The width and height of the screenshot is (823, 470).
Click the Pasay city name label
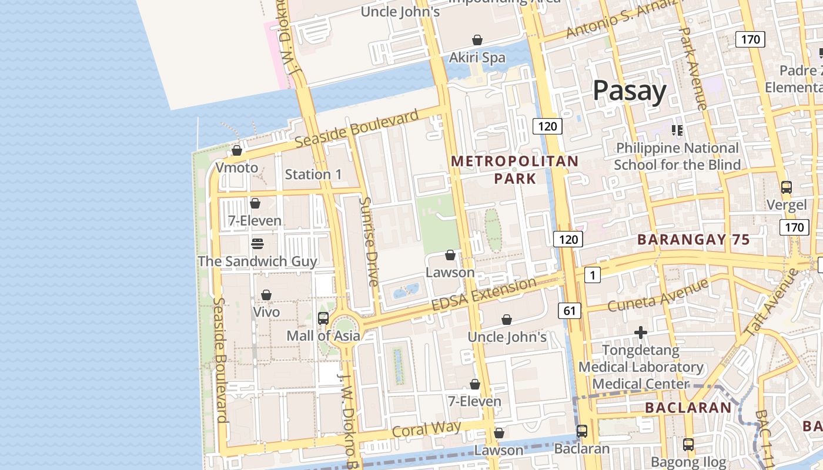pos(629,91)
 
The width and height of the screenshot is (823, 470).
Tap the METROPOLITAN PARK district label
pos(514,169)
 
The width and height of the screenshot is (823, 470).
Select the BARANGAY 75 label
pos(694,240)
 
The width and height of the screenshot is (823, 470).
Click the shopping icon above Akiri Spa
pos(477,40)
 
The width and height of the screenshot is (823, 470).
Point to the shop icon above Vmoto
pos(237,150)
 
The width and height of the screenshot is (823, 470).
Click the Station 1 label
pos(313,174)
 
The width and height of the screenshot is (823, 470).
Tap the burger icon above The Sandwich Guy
pos(257,243)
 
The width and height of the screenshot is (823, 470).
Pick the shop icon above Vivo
pos(266,294)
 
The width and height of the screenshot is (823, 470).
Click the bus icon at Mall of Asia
pos(323,318)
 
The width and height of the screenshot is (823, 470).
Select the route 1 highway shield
pos(592,274)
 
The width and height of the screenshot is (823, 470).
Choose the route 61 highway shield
pos(569,311)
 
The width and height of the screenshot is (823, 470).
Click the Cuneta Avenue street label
pos(658,296)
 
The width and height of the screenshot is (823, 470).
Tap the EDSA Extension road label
pos(484,295)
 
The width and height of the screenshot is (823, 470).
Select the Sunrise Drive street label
pos(369,241)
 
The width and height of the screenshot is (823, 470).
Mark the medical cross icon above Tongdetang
pos(641,333)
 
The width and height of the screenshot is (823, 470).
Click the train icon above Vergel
pos(786,187)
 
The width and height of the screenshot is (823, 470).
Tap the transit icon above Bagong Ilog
pos(688,444)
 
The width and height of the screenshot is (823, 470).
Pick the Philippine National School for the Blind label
pos(677,156)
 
